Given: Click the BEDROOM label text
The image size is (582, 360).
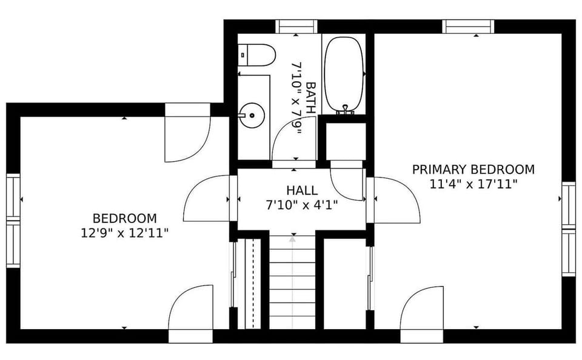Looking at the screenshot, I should [x=124, y=218].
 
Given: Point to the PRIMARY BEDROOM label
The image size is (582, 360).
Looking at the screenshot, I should [x=473, y=169].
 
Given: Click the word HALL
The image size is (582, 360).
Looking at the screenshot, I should [x=302, y=191].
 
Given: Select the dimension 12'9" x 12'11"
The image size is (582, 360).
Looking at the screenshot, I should [x=124, y=232].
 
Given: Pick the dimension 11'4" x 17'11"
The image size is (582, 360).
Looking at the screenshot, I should [x=473, y=184].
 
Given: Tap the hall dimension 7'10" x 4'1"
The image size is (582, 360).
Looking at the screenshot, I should [x=302, y=205].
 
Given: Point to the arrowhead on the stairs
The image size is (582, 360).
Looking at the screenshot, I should [x=292, y=239].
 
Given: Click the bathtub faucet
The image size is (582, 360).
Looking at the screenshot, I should [x=344, y=110].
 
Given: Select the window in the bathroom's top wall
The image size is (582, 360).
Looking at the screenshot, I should [x=296, y=26].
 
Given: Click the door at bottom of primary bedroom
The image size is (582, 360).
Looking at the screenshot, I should [x=422, y=309].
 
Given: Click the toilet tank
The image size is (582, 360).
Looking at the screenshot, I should [x=244, y=55].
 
